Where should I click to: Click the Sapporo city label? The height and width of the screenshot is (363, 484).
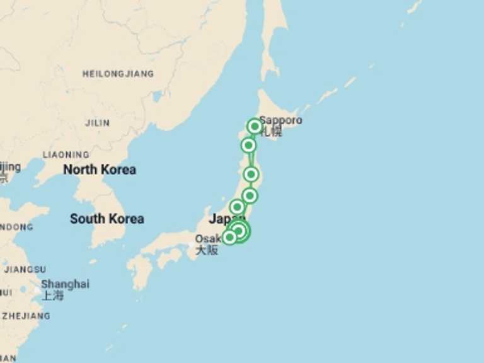(280, 120)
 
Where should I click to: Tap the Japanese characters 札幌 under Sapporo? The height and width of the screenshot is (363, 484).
(272, 132)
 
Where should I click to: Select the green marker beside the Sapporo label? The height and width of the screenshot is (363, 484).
(254, 126)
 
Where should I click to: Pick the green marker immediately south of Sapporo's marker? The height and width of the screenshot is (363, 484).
(248, 146)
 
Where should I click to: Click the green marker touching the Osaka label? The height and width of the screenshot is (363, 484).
(229, 237)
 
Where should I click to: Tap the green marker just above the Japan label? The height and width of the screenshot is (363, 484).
(237, 207)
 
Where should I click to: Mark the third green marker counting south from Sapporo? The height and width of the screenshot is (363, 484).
(251, 174)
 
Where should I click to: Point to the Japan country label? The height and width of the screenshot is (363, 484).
(224, 219)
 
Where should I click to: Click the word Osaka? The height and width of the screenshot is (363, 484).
(207, 239)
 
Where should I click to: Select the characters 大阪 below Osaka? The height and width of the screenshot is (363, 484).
(206, 250)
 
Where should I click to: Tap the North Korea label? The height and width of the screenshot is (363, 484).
(100, 170)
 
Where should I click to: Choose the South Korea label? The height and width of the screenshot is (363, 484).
(107, 219)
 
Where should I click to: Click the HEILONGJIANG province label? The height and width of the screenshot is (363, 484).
(118, 74)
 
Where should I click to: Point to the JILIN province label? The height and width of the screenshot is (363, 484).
(97, 123)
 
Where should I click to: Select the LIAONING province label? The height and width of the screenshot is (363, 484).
(66, 154)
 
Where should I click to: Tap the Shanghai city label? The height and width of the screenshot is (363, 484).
(65, 284)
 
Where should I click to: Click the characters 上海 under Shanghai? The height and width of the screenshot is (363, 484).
(53, 295)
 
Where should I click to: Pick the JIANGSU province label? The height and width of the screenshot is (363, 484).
(25, 269)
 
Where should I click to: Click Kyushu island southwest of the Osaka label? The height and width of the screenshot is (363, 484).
(140, 271)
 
